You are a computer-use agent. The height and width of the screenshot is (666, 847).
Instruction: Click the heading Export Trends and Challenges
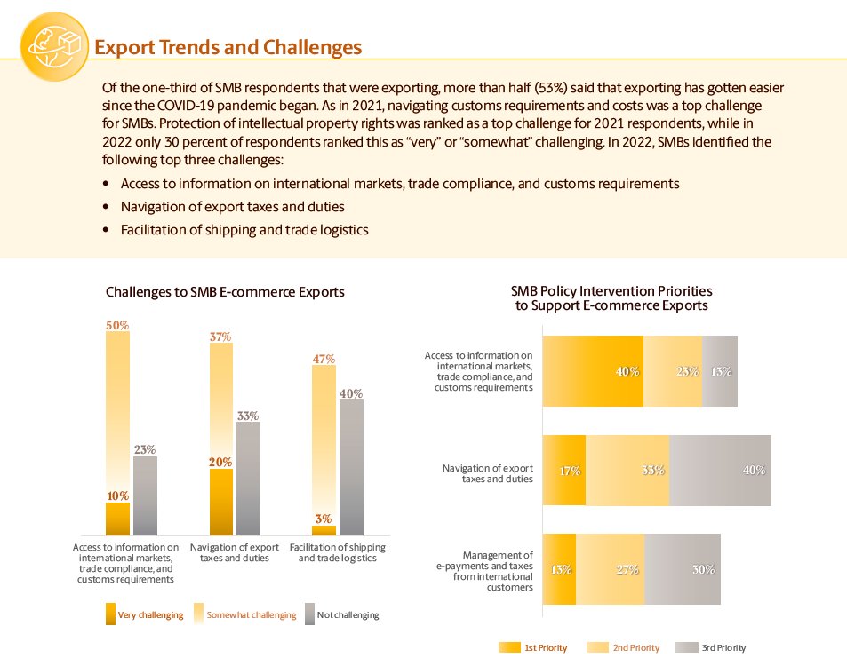228,47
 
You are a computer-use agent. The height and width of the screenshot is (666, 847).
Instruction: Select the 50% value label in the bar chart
117,326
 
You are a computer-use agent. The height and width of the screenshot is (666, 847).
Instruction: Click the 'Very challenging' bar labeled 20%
221,502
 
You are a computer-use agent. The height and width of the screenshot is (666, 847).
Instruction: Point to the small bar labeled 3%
324,530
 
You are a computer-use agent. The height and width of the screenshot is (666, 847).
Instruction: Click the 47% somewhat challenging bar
324,444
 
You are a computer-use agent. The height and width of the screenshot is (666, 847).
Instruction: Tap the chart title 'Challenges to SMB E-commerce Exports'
225,292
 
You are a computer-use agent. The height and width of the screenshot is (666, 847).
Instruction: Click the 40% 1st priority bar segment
592,371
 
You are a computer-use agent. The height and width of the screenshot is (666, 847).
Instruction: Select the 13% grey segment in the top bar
720,371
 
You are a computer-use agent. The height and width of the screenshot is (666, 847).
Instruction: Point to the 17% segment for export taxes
563,471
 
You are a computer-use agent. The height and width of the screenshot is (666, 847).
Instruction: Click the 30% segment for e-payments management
683,569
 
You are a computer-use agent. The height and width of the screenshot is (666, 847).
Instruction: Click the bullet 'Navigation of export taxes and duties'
233,207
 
